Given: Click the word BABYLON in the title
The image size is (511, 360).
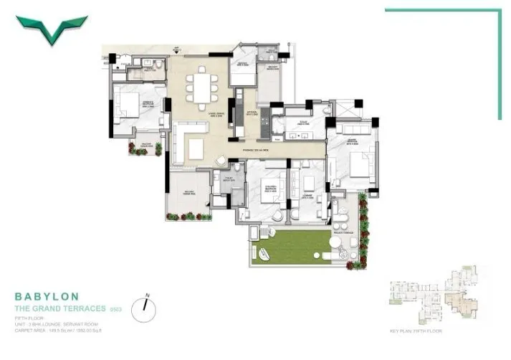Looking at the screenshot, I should coord(47,295).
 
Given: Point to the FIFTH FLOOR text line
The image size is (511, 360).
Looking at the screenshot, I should coord(28,316).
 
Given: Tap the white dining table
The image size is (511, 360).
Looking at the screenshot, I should coord(200,89).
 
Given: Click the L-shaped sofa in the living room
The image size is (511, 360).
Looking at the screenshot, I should coord(182,136).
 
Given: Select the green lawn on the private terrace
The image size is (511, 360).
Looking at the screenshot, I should coord(291,246).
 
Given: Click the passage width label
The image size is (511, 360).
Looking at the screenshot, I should coord(254,151).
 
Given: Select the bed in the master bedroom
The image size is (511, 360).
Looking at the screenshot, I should coord(360,164).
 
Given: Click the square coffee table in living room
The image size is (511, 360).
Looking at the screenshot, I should coord(196,148).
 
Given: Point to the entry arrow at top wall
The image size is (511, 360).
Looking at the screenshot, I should coord(176,49).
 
